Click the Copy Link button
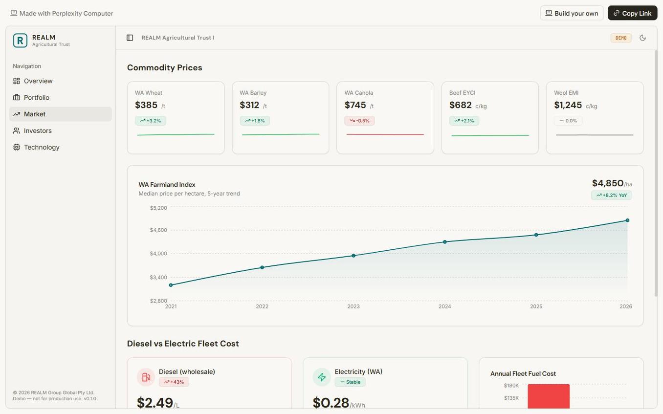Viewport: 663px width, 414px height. tap(632, 13)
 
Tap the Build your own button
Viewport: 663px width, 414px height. tap(572, 13)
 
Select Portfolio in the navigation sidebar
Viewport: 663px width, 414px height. tap(37, 98)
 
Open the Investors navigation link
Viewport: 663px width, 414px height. tap(38, 131)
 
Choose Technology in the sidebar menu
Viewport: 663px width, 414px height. tap(42, 148)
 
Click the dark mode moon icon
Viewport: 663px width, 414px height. tap(642, 38)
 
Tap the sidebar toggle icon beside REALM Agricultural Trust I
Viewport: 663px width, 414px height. tap(130, 38)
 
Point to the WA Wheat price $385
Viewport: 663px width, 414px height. tap(146, 105)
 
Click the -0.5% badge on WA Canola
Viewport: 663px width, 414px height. tap(359, 121)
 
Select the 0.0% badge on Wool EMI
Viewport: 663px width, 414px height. tap(568, 121)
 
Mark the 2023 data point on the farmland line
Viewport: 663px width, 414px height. tap(354, 256)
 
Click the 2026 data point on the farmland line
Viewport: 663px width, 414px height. tap(627, 220)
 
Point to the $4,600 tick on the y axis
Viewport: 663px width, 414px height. tap(158, 230)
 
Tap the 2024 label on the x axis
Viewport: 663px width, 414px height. tap(444, 306)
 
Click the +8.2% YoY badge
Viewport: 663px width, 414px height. tap(611, 196)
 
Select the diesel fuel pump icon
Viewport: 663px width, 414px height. tap(146, 377)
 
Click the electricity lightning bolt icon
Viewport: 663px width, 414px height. tap(322, 377)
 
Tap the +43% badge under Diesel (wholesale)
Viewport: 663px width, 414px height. tap(174, 382)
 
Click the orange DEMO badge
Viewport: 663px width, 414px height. tap(621, 38)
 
